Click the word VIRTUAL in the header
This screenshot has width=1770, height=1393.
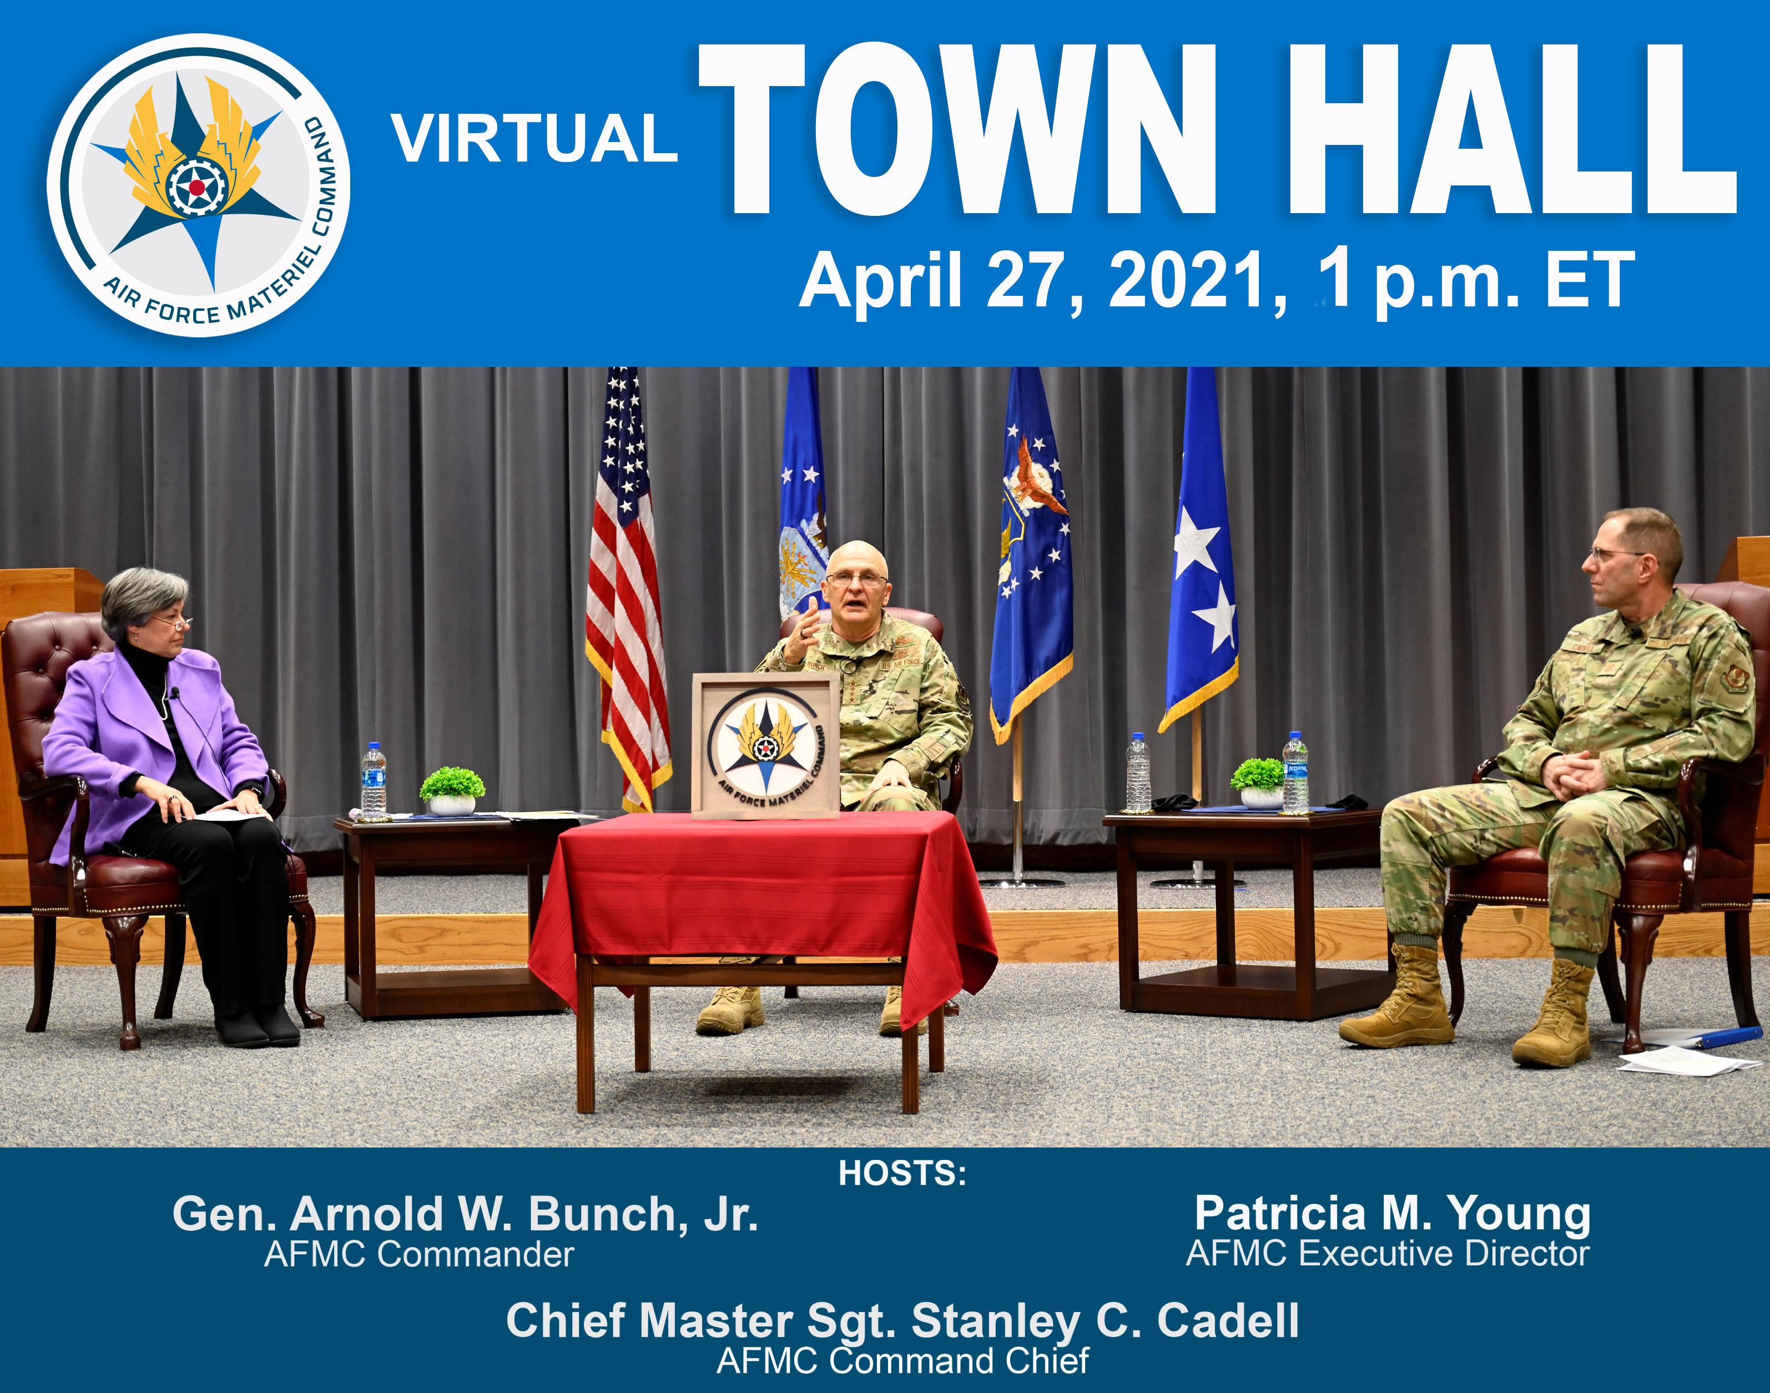coord(534,139)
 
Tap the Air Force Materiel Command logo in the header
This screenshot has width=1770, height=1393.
coord(198,185)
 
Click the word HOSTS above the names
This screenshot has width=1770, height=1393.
coord(901,1174)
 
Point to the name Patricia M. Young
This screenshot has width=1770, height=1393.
coord(1393,1214)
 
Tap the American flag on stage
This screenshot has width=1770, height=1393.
coord(627,587)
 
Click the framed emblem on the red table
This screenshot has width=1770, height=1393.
coord(765,745)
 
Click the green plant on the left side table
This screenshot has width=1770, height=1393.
coord(452,785)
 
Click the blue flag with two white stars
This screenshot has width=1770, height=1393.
coord(1202,571)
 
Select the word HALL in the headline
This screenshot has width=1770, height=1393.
coord(1509,130)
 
